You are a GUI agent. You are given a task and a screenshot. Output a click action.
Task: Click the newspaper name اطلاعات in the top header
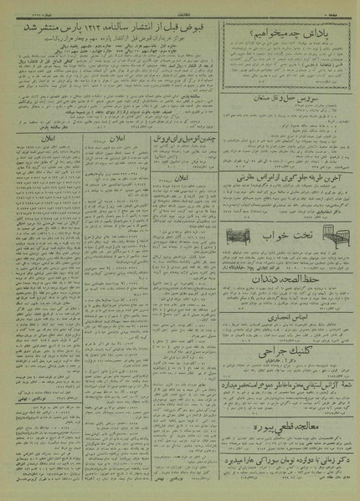[180, 8]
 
